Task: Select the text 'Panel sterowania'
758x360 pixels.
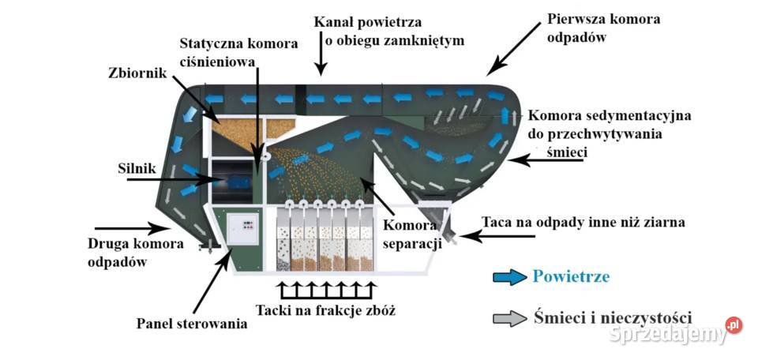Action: point(192,323)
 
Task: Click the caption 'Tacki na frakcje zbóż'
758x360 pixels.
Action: point(325,309)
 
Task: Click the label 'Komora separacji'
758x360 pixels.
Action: point(411,234)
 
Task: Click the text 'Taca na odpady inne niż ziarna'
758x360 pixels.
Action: point(583,223)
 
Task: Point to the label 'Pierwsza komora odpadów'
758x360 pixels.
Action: point(603,28)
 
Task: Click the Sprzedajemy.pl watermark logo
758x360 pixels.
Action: point(675,332)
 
